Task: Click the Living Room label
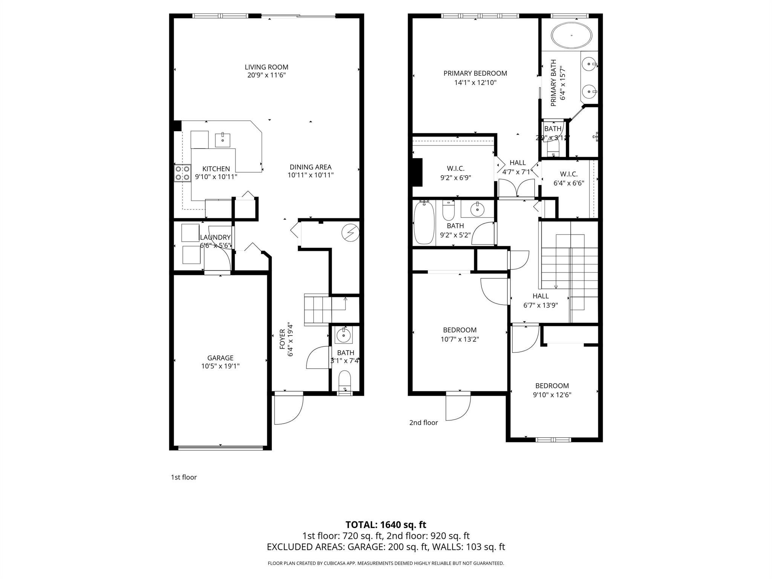(266, 67)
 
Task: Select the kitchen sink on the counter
(223, 139)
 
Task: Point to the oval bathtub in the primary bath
(571, 35)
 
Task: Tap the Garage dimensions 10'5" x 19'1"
(220, 366)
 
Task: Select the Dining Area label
(310, 167)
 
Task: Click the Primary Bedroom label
(475, 74)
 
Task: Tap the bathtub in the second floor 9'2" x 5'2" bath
(424, 223)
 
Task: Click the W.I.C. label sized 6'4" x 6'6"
(568, 174)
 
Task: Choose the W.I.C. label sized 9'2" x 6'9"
(455, 168)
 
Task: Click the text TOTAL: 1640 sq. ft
(386, 525)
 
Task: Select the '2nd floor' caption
(423, 423)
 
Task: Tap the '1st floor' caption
(184, 477)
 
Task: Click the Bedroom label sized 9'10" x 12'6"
(552, 386)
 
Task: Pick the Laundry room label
(215, 237)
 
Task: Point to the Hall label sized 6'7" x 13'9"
(541, 296)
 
